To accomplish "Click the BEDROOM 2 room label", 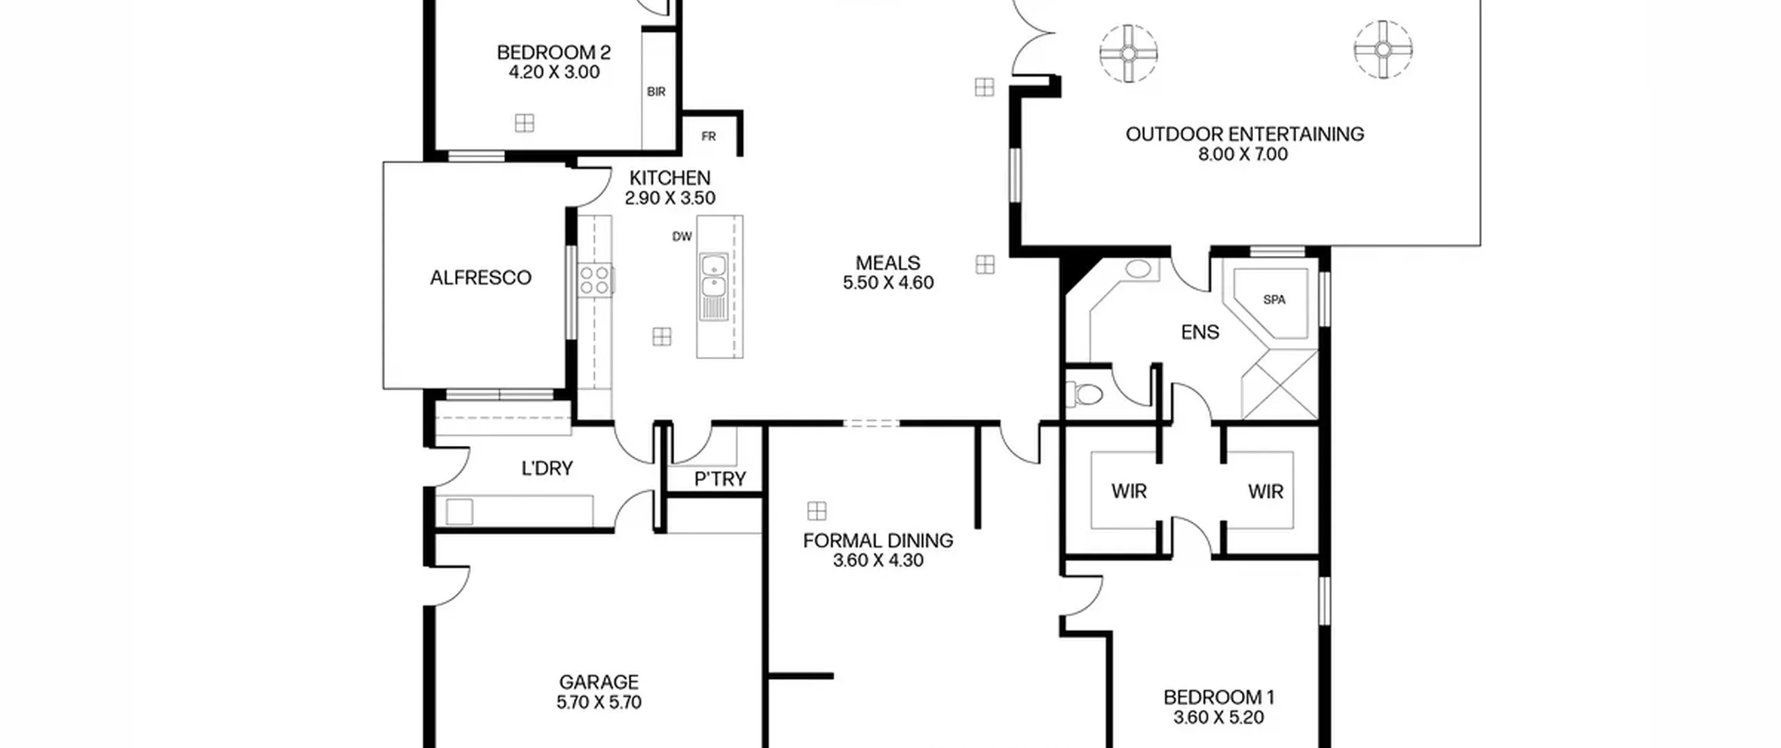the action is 554,52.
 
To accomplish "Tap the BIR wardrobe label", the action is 656,92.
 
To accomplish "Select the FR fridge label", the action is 708,136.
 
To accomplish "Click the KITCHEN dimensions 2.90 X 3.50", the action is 670,198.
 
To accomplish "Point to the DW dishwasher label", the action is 682,237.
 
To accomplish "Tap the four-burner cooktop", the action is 595,280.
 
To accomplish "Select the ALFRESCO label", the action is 481,278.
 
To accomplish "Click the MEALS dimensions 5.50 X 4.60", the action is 888,283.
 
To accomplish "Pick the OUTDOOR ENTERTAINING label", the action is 1245,134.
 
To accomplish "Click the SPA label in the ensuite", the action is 1274,300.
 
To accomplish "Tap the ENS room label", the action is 1200,332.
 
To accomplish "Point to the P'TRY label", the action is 720,479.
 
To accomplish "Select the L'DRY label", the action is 548,468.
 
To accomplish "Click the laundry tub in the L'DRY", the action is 459,512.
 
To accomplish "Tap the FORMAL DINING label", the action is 878,541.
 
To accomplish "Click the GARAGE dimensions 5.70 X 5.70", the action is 599,702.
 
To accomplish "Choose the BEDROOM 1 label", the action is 1219,697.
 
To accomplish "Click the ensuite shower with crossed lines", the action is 1280,385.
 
